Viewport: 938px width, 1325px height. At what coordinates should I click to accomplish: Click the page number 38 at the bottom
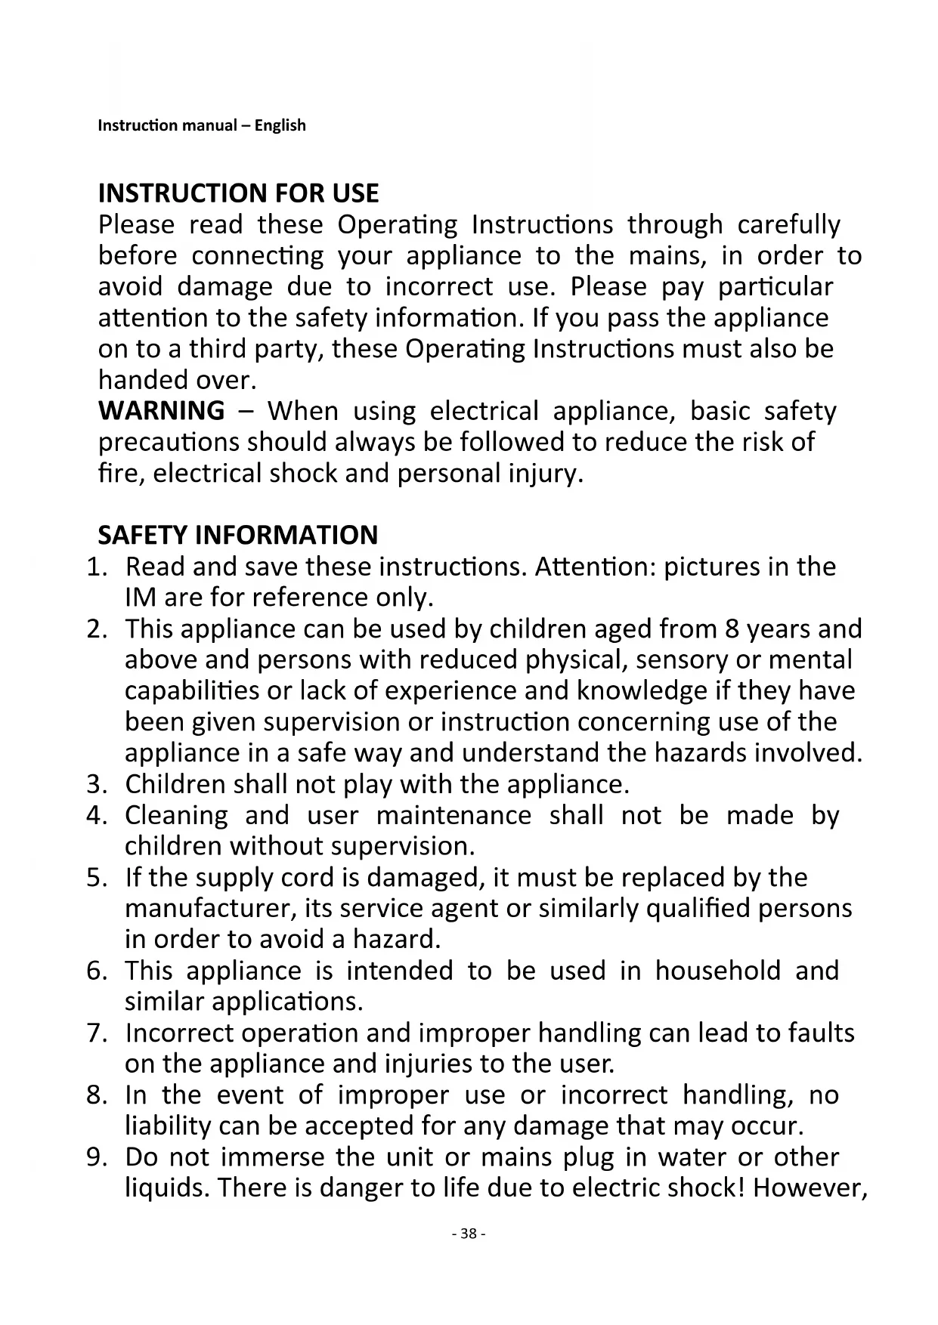pos(469,1234)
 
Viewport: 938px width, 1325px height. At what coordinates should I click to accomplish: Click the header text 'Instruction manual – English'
pos(202,125)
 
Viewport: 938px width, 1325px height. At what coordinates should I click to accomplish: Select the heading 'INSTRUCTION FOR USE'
pos(238,193)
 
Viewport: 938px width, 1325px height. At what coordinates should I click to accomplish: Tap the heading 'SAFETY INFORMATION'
pos(238,535)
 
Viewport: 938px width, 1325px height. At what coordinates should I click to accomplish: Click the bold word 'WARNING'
pos(162,411)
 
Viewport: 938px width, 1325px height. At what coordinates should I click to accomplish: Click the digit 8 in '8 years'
pos(731,629)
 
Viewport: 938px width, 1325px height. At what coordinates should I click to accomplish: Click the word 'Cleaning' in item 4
pos(176,816)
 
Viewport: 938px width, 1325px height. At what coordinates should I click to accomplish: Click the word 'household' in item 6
pos(717,971)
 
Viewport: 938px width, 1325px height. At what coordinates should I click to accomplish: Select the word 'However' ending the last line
pos(808,1188)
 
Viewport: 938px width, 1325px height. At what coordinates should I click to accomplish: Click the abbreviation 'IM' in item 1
pos(139,598)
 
